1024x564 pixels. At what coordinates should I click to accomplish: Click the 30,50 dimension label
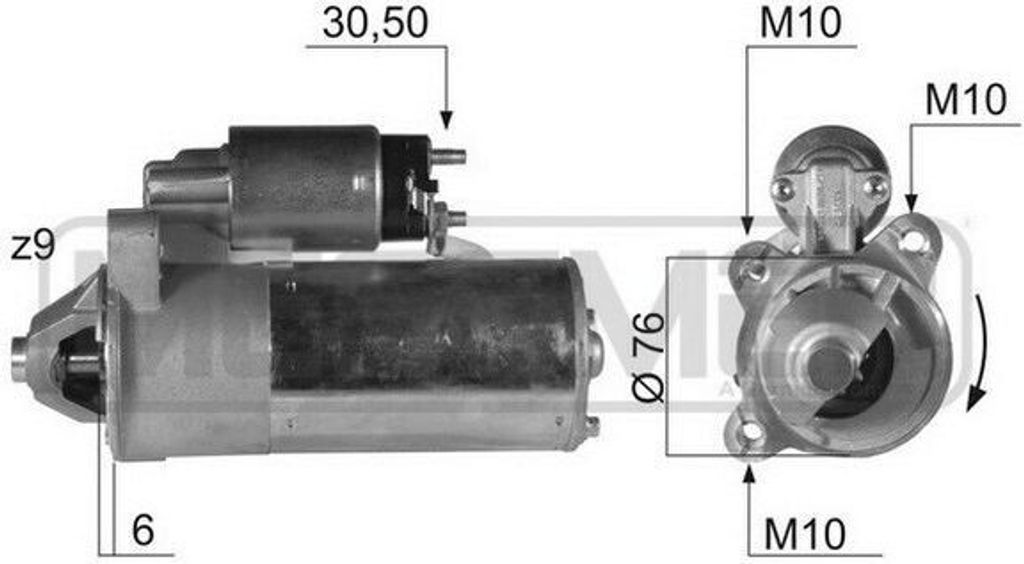375,23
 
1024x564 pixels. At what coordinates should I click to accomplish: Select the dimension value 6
143,531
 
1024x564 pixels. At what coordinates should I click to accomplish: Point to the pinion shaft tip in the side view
18,360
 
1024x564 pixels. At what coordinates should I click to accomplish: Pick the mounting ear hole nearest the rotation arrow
910,239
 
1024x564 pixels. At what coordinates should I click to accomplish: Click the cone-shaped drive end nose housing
65,355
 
